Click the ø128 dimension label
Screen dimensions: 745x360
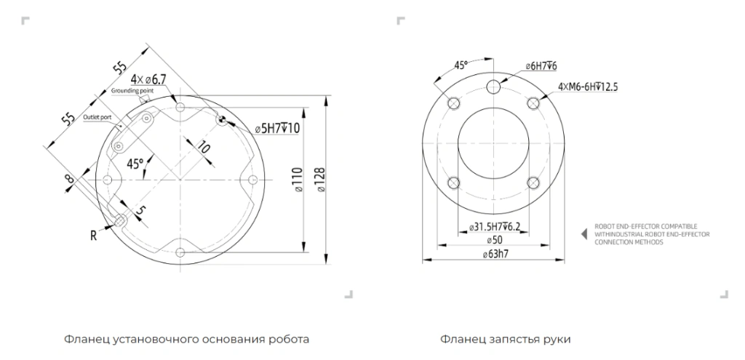(x=321, y=180)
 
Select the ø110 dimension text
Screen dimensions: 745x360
(x=298, y=180)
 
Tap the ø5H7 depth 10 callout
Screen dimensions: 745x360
(x=277, y=128)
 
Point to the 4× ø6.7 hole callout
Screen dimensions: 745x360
(x=148, y=79)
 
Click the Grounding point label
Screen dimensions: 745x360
(x=132, y=90)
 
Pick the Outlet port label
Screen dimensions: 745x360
(x=97, y=117)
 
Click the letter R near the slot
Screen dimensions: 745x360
(x=94, y=235)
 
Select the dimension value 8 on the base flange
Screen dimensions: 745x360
(x=69, y=180)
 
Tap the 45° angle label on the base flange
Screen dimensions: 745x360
(x=135, y=164)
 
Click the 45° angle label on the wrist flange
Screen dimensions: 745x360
(x=461, y=65)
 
